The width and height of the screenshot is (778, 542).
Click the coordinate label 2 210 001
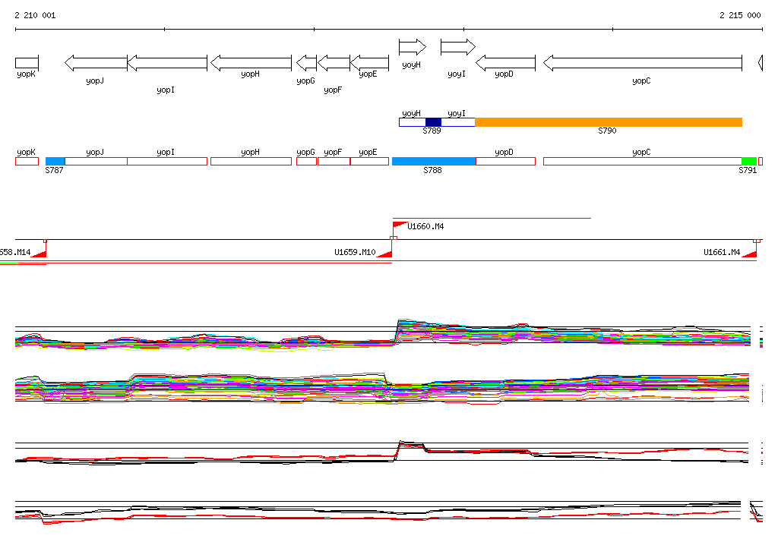[x=35, y=15]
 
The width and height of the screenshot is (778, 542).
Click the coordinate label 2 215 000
[x=740, y=15]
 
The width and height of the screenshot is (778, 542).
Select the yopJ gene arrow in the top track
[x=96, y=62]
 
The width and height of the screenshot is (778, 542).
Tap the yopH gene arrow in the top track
[x=250, y=62]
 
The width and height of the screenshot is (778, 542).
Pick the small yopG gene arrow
[x=306, y=62]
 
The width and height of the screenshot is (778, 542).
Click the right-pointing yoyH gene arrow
[x=413, y=47]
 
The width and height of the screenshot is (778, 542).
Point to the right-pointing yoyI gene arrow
[x=457, y=47]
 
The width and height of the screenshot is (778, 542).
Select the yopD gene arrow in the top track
[x=506, y=62]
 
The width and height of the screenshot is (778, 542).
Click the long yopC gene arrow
[x=642, y=62]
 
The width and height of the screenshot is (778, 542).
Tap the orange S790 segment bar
[x=608, y=122]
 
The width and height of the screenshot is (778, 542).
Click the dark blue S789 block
[x=433, y=122]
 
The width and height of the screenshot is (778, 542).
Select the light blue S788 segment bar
[x=433, y=161]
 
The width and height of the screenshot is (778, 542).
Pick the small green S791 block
[x=748, y=161]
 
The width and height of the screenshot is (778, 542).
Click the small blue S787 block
[x=55, y=161]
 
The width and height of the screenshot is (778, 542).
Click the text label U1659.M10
[x=355, y=252]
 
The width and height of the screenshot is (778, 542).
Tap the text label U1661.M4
[x=722, y=252]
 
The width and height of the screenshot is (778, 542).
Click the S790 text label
[x=607, y=131]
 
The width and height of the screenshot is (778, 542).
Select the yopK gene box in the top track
[x=27, y=62]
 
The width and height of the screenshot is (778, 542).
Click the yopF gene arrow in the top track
[x=334, y=62]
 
